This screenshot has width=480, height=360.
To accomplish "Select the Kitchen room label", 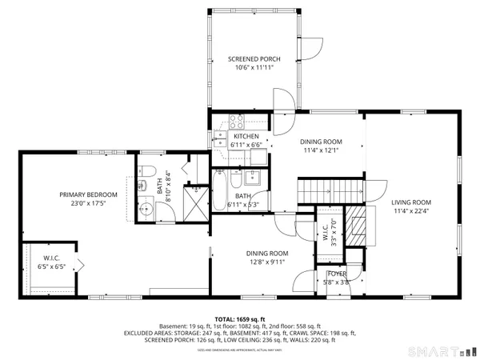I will click(224, 137).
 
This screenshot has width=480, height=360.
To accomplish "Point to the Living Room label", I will click(411, 202).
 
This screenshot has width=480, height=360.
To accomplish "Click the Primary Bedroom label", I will click(89, 194).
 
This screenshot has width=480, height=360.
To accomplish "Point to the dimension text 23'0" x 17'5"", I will click(89, 204).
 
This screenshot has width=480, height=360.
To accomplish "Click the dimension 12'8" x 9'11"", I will click(266, 262).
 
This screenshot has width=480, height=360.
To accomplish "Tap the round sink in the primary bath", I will click(144, 211).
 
